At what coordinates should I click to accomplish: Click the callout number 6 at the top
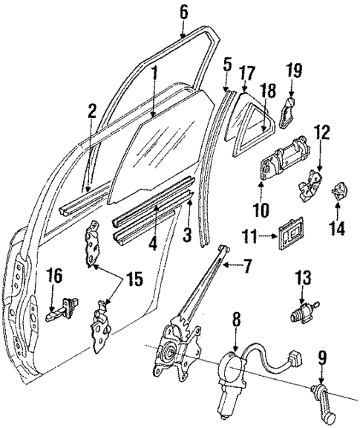(x=184, y=11)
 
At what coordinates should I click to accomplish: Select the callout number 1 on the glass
(x=154, y=73)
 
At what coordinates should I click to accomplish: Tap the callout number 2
(x=91, y=112)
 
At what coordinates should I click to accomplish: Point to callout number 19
(x=295, y=71)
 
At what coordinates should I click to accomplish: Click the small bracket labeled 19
(x=289, y=112)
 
